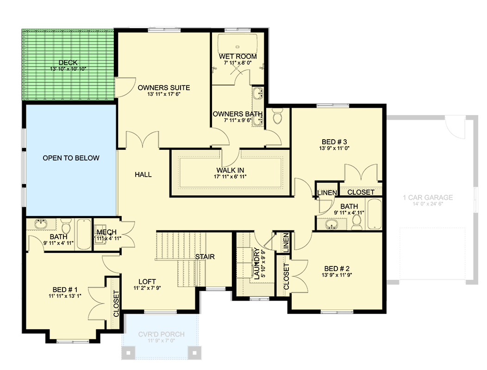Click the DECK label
pos(68,63)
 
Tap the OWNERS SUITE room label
pos(163,87)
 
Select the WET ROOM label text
pos(237,56)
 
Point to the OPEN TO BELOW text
pos(71,158)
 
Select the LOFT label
pos(147,281)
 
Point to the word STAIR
pos(205,257)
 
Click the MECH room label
pos(107,232)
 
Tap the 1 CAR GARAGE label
pos(428,197)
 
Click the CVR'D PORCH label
pos(161,334)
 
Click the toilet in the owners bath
pos(278,117)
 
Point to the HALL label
pos(143,174)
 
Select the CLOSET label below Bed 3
pos(361,192)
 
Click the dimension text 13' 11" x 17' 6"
pos(163,94)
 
